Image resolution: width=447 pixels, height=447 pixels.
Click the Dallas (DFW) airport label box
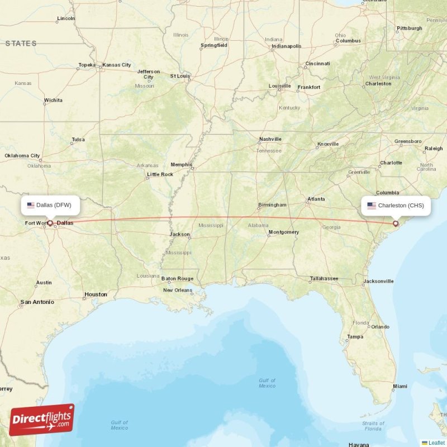coord(50,205)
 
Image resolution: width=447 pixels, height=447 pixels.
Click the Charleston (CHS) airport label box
coord(396,205)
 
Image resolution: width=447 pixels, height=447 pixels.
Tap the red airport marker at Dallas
coord(50,223)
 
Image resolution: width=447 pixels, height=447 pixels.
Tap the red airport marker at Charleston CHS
coord(396,223)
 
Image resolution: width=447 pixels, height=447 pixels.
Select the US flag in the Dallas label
coord(31,205)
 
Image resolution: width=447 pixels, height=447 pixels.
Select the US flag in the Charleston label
coord(372,206)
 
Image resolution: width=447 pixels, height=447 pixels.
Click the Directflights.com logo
coord(42,420)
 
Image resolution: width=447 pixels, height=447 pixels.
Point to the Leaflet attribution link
coord(436,443)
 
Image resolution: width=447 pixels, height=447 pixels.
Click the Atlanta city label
coord(316,199)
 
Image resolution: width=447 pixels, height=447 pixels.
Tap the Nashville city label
coord(270,139)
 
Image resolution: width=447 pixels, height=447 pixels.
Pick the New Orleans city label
coord(178,290)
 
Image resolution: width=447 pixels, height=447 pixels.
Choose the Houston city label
coord(96,294)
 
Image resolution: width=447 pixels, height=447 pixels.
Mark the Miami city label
coord(400,386)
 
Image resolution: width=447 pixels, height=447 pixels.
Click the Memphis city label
coord(182,164)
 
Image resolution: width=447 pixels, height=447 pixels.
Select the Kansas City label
coord(117,65)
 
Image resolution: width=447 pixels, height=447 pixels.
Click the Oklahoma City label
coord(22,155)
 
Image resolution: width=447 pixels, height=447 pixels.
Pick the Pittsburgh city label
coord(410,28)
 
